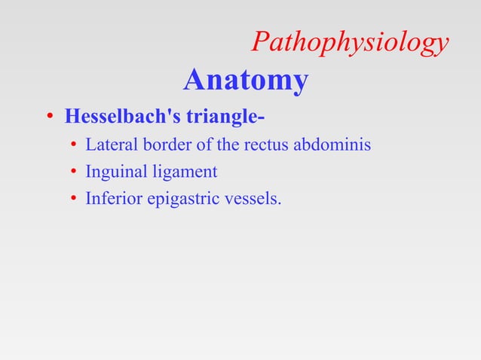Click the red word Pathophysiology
pos(350,43)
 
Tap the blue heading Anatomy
pos(245,79)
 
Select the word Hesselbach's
pos(118,118)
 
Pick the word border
pos(158,144)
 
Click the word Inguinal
pos(113,172)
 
